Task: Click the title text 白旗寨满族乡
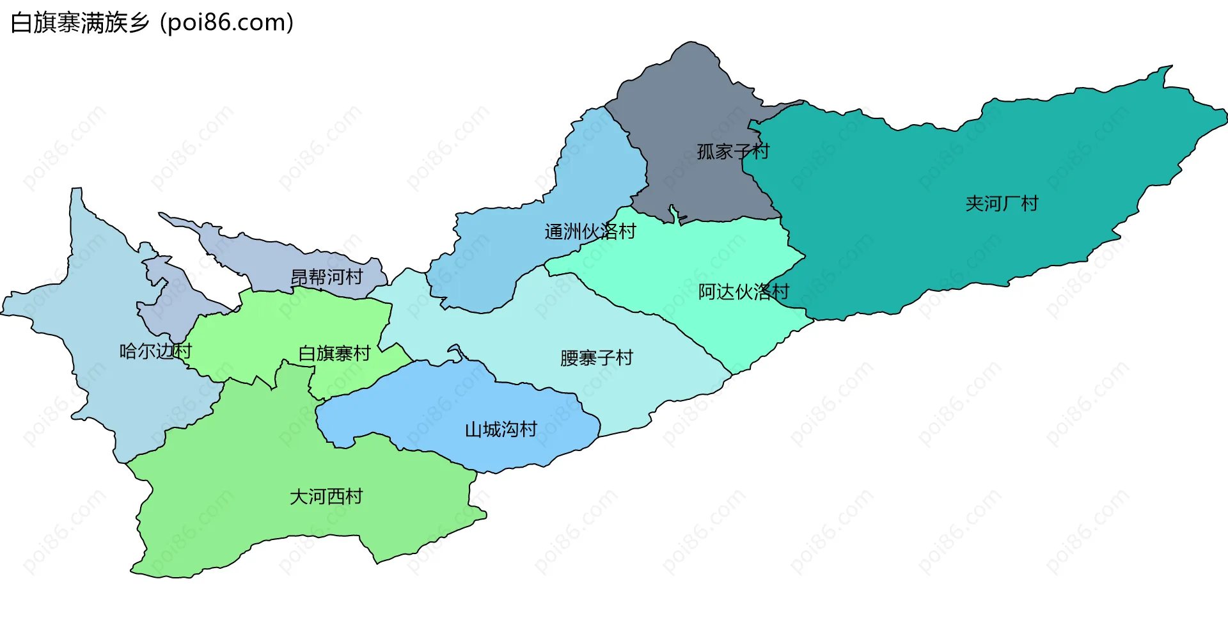(x=80, y=23)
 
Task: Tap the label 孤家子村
(x=733, y=152)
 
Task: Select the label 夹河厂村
(x=1002, y=203)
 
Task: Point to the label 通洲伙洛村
(x=590, y=231)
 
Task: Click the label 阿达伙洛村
(x=743, y=292)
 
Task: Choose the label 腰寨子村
(x=596, y=358)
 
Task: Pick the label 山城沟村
(x=501, y=429)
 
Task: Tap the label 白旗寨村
(x=335, y=353)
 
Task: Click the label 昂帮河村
(x=326, y=277)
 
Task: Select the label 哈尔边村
(x=155, y=351)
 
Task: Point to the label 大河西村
(x=326, y=497)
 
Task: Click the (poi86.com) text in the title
(x=227, y=23)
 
